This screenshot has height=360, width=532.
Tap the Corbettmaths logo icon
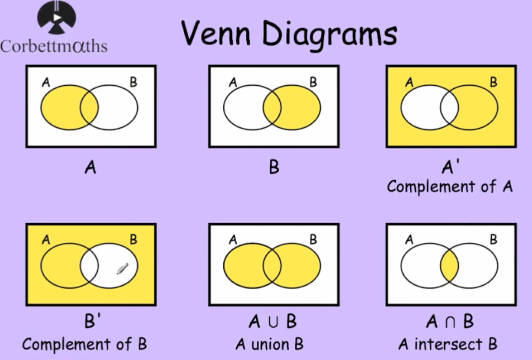click(57, 17)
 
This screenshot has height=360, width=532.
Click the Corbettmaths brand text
click(54, 46)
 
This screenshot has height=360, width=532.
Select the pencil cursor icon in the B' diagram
click(123, 268)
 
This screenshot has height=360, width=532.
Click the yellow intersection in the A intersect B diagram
click(450, 266)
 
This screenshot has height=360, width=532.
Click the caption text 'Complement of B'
click(84, 345)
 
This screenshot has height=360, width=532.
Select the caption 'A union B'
click(269, 345)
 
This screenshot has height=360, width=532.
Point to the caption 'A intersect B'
click(448, 344)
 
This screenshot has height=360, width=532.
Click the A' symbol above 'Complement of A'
click(450, 166)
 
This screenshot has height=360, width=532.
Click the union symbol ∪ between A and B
click(273, 322)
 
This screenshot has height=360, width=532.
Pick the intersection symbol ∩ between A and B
click(450, 322)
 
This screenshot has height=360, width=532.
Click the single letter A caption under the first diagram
click(91, 167)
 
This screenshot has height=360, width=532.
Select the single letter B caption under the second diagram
click(274, 167)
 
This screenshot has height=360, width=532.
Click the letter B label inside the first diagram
click(134, 82)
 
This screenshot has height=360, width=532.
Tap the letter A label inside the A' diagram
click(409, 82)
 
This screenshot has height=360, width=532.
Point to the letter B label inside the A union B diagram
click(313, 240)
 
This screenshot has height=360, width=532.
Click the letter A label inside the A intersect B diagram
click(409, 240)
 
